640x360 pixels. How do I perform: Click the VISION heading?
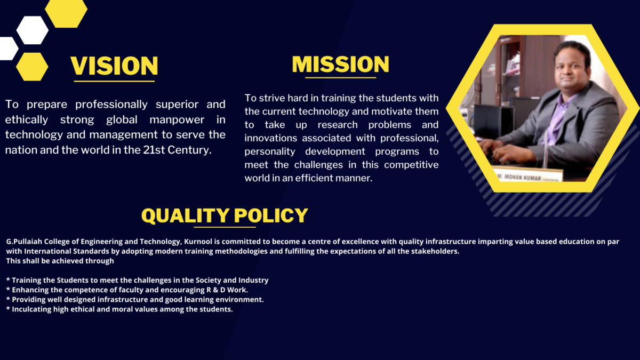[114, 65]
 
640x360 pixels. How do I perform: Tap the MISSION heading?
[340, 64]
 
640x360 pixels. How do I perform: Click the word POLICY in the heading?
[271, 215]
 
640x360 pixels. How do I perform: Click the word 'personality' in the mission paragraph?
[271, 151]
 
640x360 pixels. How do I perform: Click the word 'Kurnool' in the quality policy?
[199, 242]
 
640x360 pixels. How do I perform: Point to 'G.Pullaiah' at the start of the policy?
[26, 242]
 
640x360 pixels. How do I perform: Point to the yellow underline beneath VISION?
[114, 81]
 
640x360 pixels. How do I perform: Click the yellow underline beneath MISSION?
[340, 78]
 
